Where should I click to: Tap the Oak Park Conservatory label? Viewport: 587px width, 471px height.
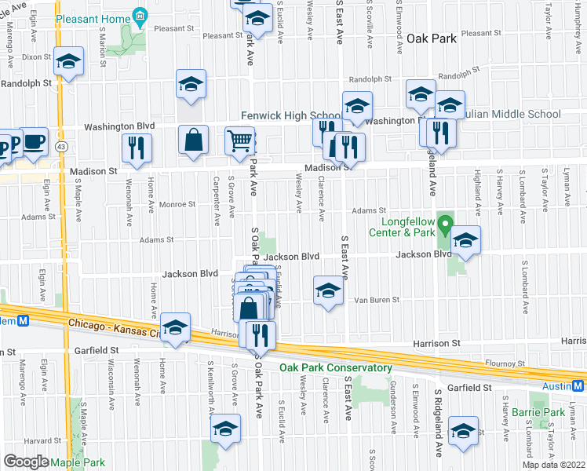(x=335, y=367)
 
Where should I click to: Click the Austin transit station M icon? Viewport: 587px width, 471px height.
(x=579, y=385)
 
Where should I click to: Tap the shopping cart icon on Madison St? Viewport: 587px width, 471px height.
(x=240, y=142)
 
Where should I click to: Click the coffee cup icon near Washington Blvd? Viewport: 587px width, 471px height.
(x=33, y=142)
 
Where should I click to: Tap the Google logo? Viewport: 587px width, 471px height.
(x=26, y=462)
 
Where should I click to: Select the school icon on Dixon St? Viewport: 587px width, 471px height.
(x=68, y=61)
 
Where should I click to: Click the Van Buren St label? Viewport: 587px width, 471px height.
(x=377, y=300)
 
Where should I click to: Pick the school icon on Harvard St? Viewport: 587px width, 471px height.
(x=224, y=429)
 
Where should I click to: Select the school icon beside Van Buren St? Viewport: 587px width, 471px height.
(x=328, y=291)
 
